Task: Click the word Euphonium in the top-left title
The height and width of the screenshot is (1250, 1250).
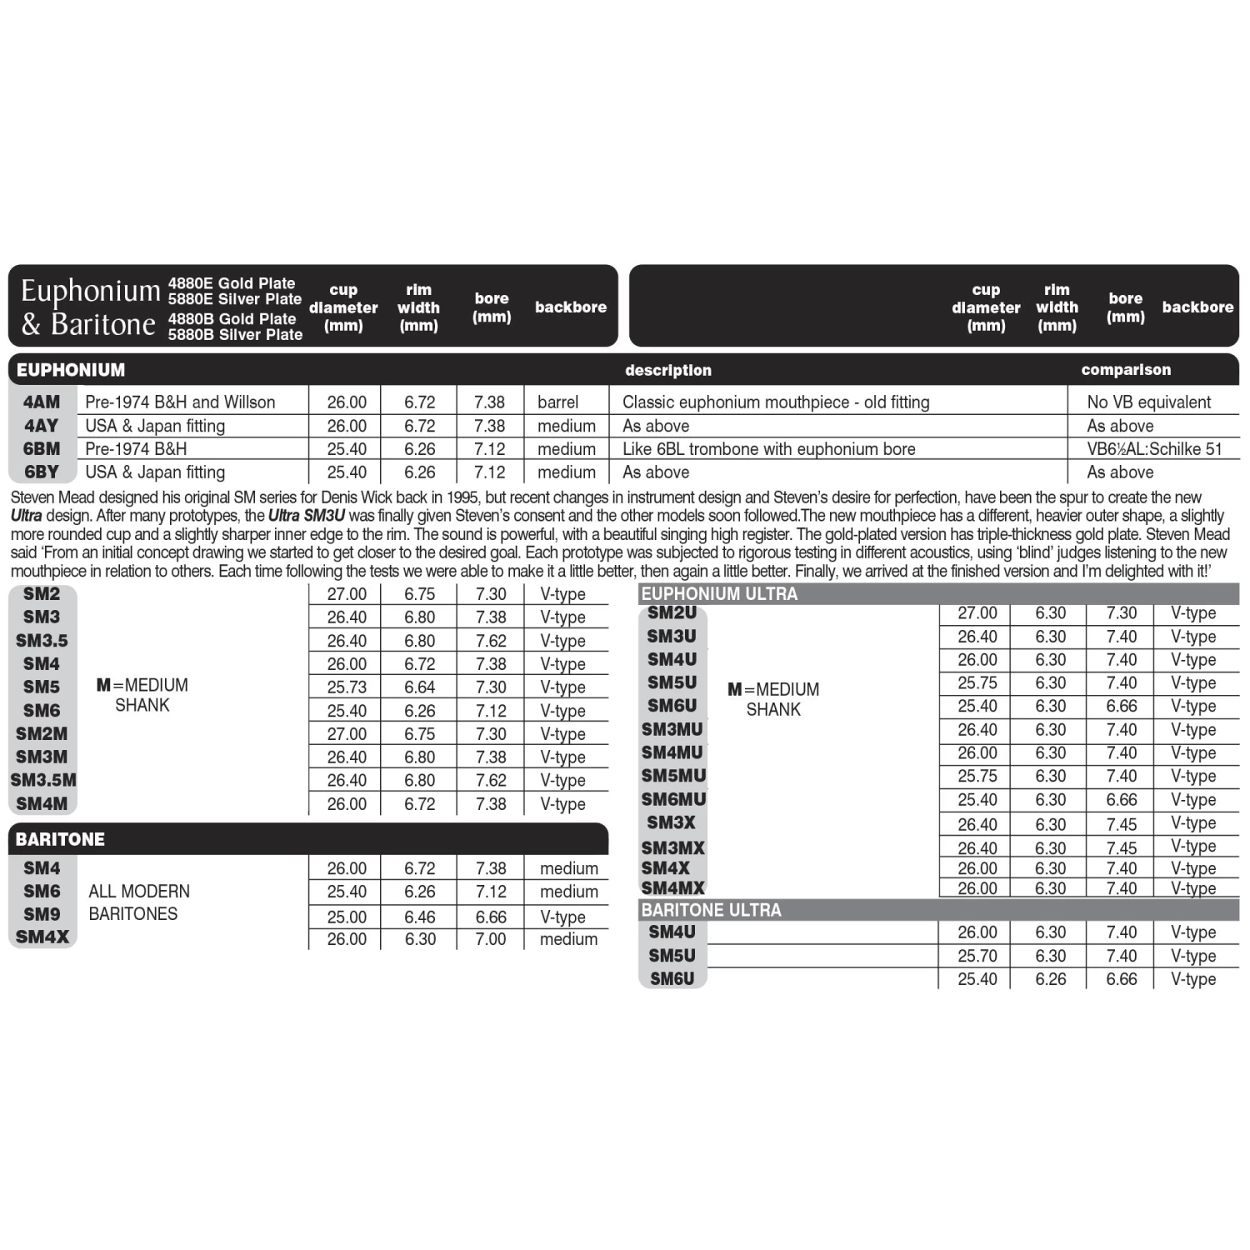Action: (90, 291)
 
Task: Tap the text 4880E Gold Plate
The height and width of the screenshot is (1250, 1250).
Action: (232, 283)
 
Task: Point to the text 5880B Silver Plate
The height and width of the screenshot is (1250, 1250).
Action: (235, 335)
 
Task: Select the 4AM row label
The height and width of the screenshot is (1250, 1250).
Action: (42, 402)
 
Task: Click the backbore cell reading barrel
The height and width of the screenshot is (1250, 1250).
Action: (557, 402)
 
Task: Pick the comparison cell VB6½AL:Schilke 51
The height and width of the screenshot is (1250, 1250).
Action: (1154, 448)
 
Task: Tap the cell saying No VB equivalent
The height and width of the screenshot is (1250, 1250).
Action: (1148, 402)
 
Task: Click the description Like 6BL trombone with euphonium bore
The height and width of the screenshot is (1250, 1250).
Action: (768, 448)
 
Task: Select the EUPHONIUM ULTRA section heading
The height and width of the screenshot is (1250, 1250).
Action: (719, 593)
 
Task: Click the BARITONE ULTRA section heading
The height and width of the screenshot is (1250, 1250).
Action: (711, 909)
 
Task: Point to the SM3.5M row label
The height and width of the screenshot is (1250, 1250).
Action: (43, 780)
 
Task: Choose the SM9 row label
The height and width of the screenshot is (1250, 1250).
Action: (42, 914)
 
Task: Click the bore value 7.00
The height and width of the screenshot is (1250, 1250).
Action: (491, 939)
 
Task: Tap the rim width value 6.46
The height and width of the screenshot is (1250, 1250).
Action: (420, 917)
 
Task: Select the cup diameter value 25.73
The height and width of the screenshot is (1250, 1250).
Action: (347, 687)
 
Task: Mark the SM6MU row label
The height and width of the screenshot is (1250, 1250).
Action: (673, 799)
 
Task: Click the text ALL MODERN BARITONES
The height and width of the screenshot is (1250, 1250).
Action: (138, 902)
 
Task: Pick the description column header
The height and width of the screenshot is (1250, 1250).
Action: (668, 370)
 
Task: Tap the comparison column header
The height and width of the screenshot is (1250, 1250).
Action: (1126, 369)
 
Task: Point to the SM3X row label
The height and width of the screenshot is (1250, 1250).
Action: (671, 822)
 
